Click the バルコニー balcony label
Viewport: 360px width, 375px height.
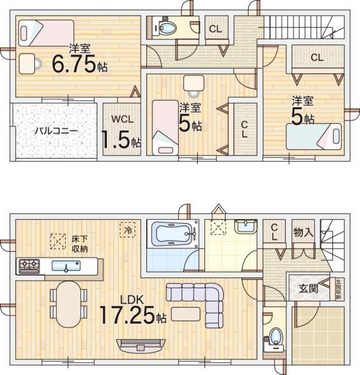[x=56, y=132]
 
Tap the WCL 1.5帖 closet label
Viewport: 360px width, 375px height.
[x=122, y=132]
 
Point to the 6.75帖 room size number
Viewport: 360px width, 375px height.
[x=76, y=64]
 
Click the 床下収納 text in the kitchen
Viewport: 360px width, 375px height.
[x=79, y=244]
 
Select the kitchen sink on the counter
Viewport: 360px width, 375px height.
[x=66, y=266]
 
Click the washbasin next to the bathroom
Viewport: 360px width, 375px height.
[x=246, y=227]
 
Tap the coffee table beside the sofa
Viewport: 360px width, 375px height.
[x=186, y=312]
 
